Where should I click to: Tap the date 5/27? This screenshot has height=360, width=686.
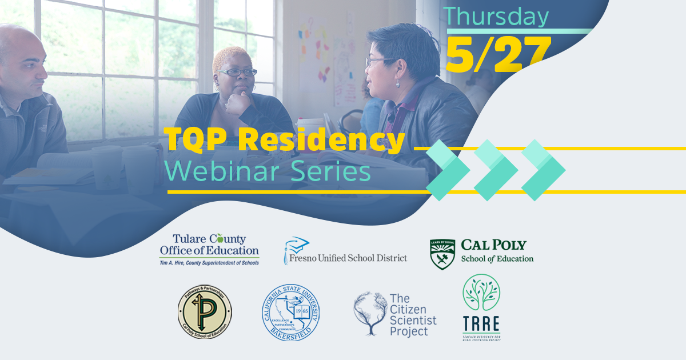pyautogui.click(x=498, y=54)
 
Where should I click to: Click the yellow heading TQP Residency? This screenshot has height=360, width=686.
pyautogui.click(x=284, y=139)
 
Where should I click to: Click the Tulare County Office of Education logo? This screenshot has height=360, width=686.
pyautogui.click(x=209, y=249)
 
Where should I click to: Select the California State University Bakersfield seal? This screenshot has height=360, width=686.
pyautogui.click(x=291, y=313)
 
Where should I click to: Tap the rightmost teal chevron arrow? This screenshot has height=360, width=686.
pyautogui.click(x=543, y=170)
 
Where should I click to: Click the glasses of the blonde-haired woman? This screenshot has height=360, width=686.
pyautogui.click(x=238, y=73)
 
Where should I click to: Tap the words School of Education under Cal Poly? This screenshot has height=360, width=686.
pyautogui.click(x=497, y=259)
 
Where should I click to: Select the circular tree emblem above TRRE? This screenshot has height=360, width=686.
pyautogui.click(x=481, y=293)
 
